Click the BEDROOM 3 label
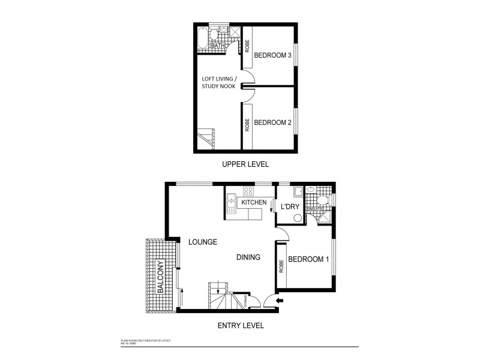point(272,55)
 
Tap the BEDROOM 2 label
point(272,122)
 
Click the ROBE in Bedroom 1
point(281,266)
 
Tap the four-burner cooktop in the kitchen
point(247,191)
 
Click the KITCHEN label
point(254,203)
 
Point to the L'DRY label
point(290,206)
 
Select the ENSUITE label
point(314,209)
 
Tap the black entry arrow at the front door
point(280,301)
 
